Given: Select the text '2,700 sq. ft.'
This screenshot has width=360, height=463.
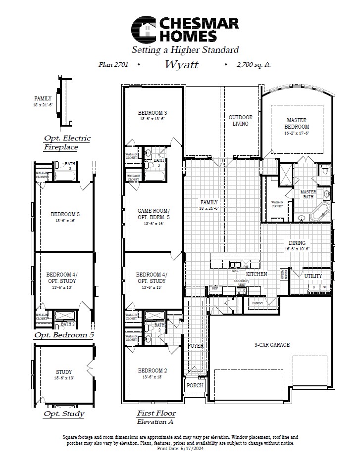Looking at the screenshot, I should pyautogui.click(x=254, y=65).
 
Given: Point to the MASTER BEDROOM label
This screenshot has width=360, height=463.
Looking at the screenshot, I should pyautogui.click(x=297, y=123).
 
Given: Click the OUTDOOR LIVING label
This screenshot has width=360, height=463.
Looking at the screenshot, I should pyautogui.click(x=240, y=120).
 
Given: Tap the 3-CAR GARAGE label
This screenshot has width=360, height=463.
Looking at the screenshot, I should pyautogui.click(x=272, y=345).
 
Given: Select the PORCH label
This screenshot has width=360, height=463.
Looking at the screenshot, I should pyautogui.click(x=195, y=385).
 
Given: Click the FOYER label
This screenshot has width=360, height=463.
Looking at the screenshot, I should pyautogui.click(x=195, y=346).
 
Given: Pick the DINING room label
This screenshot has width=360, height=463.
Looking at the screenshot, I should pyautogui.click(x=297, y=243).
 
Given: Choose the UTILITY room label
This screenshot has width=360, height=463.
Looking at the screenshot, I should pyautogui.click(x=313, y=276).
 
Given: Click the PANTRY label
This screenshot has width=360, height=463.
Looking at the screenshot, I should pyautogui.click(x=257, y=303).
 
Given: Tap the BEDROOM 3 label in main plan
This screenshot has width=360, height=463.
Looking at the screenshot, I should pyautogui.click(x=152, y=113).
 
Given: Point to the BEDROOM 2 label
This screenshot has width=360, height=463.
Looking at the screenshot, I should pyautogui.click(x=152, y=370).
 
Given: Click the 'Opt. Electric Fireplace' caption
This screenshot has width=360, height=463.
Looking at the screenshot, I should pyautogui.click(x=67, y=142).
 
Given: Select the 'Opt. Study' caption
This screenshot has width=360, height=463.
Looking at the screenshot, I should pyautogui.click(x=64, y=414).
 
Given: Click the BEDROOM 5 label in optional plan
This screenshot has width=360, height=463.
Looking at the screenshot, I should pyautogui.click(x=64, y=214).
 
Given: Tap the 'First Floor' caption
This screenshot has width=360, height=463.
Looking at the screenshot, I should pyautogui.click(x=156, y=413).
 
